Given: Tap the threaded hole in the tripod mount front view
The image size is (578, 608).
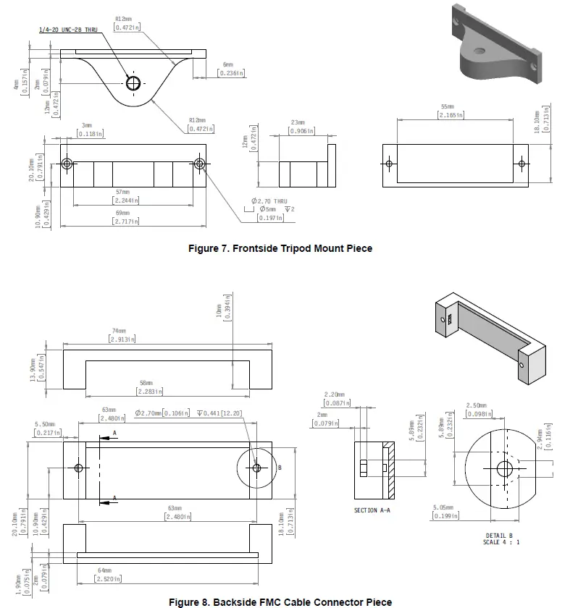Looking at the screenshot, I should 133,83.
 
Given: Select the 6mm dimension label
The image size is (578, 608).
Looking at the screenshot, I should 228,64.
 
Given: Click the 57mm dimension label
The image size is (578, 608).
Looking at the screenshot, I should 126,193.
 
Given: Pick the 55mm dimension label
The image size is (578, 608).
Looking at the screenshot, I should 447,106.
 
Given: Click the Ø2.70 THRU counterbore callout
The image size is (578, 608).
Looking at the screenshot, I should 269,200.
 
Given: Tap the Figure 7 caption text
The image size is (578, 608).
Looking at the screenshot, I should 280,248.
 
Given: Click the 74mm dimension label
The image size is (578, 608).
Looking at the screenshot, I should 120,331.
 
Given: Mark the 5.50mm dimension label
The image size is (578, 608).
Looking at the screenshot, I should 47,425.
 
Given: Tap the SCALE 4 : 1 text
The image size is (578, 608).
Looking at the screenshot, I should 502,543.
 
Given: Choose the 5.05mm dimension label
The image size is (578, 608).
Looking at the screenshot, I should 443,507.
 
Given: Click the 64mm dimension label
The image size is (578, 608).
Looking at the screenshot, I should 105,570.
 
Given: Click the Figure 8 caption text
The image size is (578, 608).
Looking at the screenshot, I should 280,601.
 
